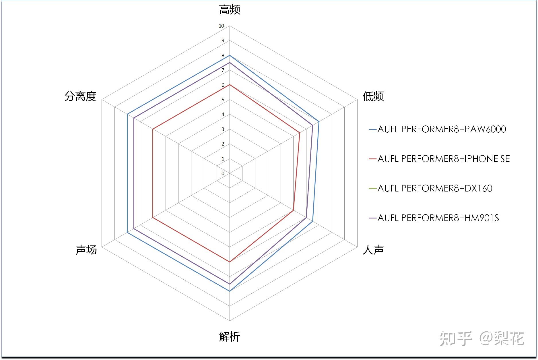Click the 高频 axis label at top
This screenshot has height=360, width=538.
(x=230, y=10)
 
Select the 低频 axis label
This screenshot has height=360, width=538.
(x=373, y=96)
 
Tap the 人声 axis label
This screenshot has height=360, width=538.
(x=373, y=250)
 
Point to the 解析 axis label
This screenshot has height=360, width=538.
(x=230, y=336)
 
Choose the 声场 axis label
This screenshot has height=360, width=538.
(x=86, y=250)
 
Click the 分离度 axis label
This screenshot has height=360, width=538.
(x=80, y=96)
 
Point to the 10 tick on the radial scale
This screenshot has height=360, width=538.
(x=221, y=26)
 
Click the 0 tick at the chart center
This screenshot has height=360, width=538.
(x=223, y=173)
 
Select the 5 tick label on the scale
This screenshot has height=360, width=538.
(x=223, y=100)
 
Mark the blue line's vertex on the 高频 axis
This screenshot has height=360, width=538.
(x=230, y=55)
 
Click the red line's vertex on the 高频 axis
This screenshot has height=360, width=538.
(x=230, y=85)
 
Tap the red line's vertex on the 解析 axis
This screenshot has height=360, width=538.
(x=230, y=262)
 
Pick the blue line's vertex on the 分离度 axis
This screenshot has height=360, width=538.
(x=127, y=115)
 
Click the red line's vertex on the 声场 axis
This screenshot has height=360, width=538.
(x=153, y=218)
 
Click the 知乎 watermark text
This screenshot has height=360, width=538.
(x=456, y=339)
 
